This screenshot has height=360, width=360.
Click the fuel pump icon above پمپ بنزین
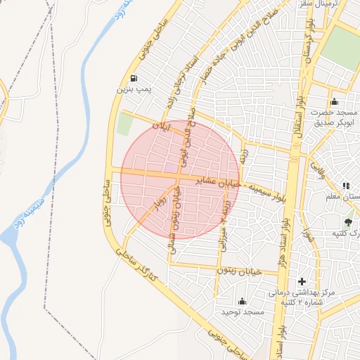click(x=134, y=78)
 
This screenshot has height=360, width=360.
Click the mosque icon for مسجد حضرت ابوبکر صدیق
click(x=334, y=101)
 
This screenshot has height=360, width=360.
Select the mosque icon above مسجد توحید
click(x=243, y=301)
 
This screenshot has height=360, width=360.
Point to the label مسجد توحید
click(x=242, y=311)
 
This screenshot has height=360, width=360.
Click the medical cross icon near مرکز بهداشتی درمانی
click(x=302, y=281)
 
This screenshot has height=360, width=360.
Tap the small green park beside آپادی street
click(x=125, y=124)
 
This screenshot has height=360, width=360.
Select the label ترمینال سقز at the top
click(x=336, y=4)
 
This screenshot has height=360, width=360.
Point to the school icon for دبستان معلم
click(x=345, y=186)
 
